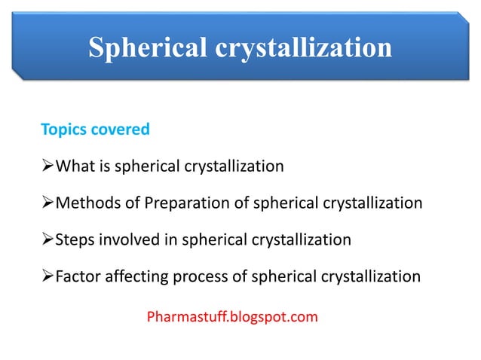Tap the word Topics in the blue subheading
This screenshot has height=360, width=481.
pos(63,130)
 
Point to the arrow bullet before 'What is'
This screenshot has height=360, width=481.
pos(47,166)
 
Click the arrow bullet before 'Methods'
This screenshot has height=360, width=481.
pos(47,203)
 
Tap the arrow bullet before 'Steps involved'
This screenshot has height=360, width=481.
pos(47,240)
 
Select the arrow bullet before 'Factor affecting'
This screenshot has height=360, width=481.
pos(47,277)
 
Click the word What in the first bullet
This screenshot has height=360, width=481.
pos(75,166)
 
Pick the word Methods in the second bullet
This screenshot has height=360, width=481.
pos(84,203)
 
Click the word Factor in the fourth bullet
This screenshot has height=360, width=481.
pos(79,277)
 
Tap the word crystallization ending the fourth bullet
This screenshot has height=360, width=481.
pos(372,277)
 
